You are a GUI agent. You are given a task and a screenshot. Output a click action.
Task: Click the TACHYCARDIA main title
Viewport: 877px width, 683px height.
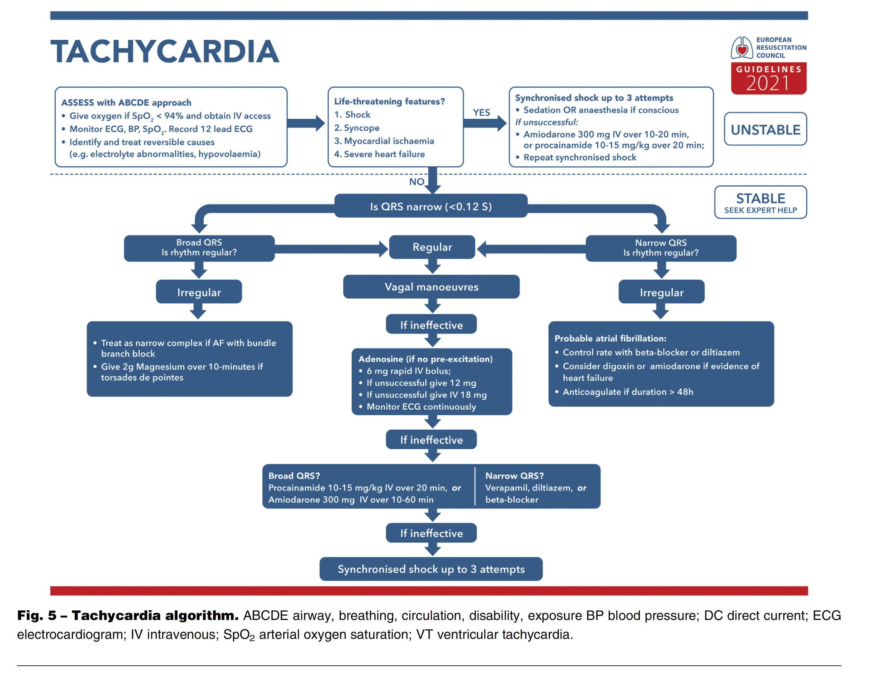165,51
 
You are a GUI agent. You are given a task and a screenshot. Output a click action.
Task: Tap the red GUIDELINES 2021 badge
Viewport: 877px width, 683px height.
769,78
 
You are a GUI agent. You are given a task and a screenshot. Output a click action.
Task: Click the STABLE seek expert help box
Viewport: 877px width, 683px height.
760,202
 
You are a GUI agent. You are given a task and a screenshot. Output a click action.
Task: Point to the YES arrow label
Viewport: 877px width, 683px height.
481,112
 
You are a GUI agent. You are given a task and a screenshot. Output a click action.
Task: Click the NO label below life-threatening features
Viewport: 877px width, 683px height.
417,182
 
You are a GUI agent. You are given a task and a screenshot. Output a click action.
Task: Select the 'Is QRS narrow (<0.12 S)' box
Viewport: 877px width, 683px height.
431,206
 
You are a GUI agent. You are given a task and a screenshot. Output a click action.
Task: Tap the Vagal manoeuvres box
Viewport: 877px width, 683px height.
431,287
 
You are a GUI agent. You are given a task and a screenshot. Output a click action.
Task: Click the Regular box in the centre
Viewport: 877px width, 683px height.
432,247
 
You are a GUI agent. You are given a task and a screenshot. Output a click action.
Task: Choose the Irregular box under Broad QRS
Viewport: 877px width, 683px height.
199,292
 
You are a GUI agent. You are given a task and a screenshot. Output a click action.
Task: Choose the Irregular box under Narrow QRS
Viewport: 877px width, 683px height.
661,292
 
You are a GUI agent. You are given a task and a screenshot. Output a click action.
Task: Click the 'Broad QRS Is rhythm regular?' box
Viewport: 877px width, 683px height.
199,248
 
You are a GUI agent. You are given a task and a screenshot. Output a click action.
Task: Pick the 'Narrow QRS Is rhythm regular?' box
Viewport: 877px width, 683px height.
661,248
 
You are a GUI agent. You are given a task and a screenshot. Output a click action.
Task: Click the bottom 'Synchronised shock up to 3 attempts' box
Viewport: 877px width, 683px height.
431,569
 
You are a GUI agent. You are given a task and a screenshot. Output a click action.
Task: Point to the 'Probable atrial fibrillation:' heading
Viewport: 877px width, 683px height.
611,338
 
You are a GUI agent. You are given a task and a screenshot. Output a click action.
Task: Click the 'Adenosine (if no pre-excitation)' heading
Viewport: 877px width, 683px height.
426,359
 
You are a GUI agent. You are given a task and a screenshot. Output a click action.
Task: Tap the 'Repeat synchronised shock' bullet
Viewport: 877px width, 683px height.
576,157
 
